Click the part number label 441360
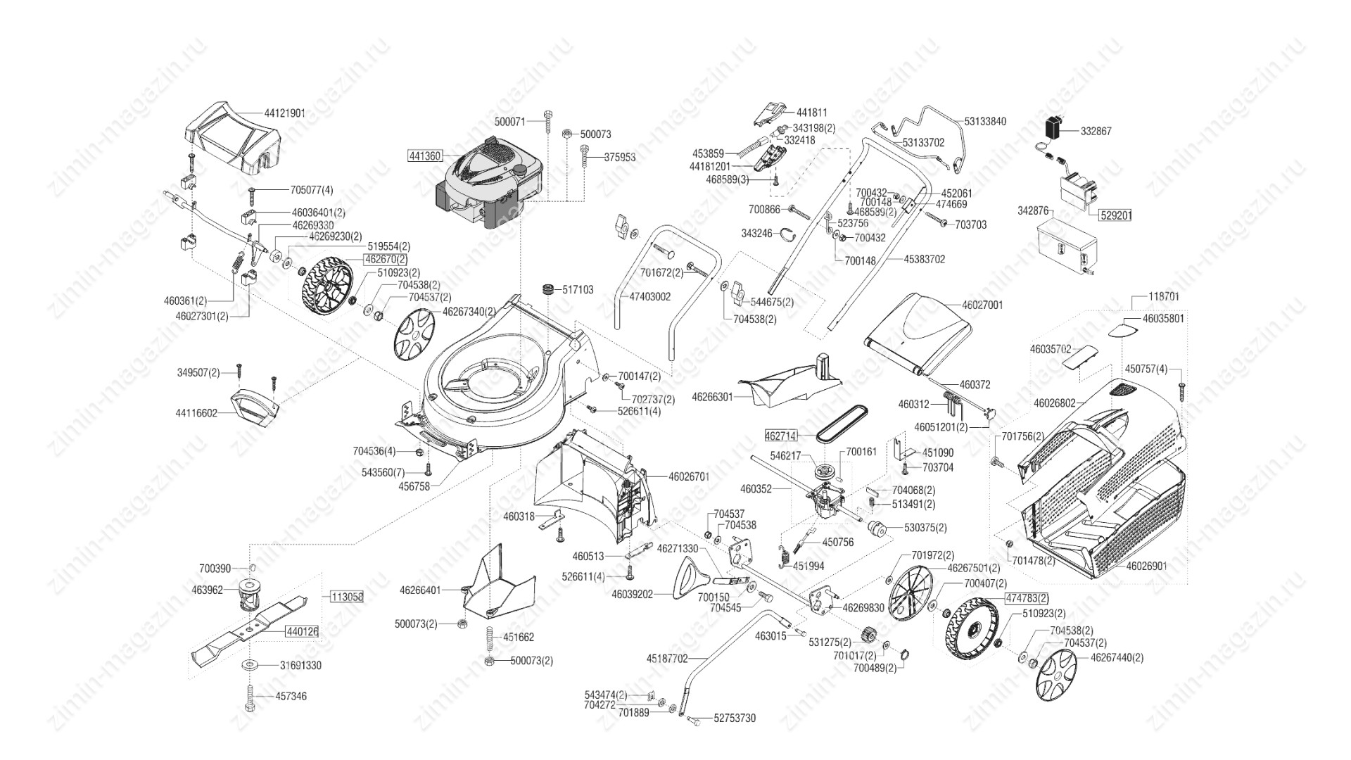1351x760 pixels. tap(425, 156)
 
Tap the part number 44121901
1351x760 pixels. tap(285, 113)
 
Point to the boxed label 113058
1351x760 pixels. tap(346, 597)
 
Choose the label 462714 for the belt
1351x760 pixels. tap(781, 437)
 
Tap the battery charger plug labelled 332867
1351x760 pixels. tap(1053, 129)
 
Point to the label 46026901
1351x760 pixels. tap(1147, 566)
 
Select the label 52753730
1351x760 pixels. tap(735, 718)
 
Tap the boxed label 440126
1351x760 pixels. tap(302, 632)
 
